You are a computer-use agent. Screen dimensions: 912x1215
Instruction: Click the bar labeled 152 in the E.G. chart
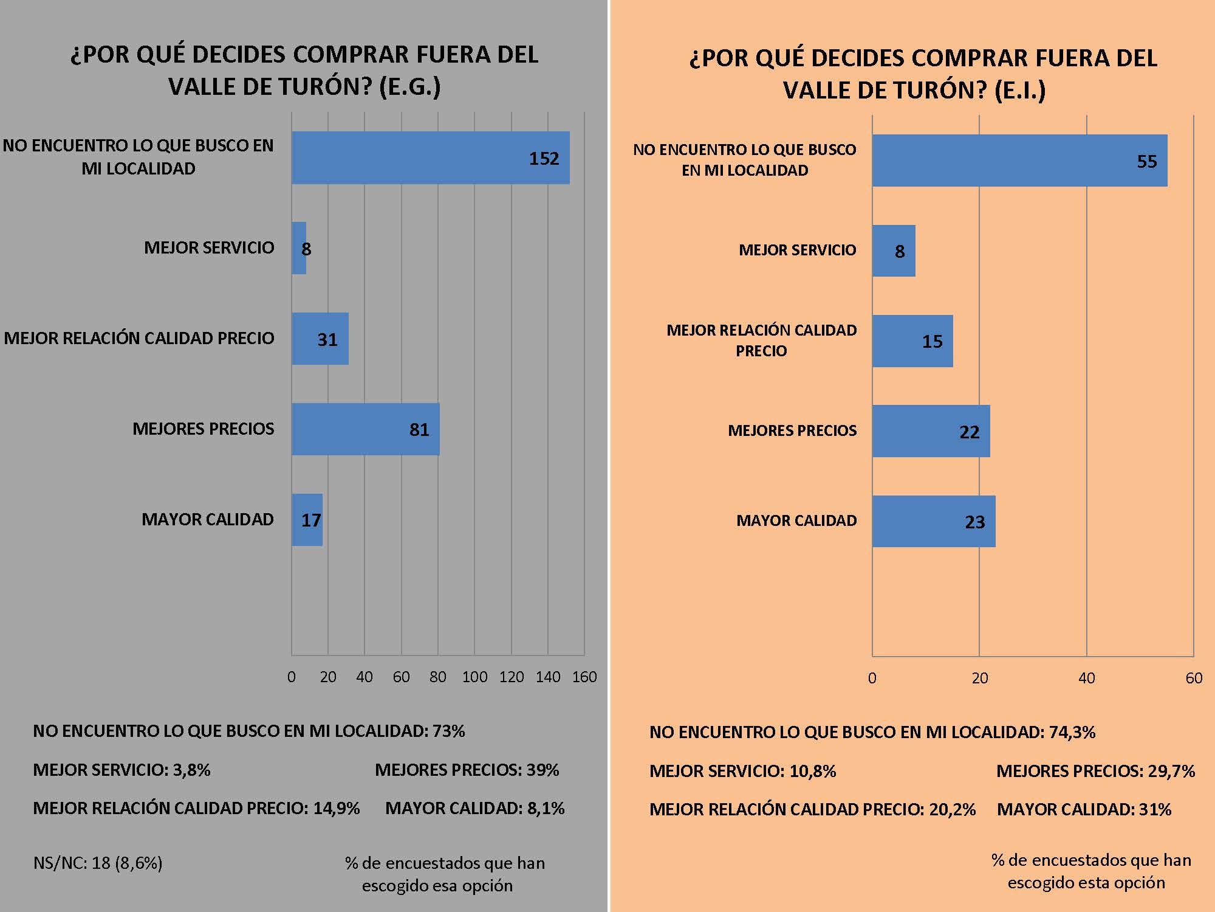tap(430, 158)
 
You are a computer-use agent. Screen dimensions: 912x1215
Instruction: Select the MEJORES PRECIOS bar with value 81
tap(365, 429)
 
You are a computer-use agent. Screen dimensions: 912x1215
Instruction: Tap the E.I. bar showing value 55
tap(1019, 161)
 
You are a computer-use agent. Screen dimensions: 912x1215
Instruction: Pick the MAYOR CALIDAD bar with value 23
tap(934, 522)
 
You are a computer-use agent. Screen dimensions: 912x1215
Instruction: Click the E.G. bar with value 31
tap(320, 339)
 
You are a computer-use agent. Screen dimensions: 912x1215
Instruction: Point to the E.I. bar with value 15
tap(912, 341)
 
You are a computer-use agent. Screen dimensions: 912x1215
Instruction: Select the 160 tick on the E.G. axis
tap(584, 677)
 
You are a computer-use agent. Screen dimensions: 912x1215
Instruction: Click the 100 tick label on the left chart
tap(474, 677)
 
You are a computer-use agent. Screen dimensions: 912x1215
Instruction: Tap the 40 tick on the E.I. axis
tap(1087, 679)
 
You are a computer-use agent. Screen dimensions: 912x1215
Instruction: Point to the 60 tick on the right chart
tap(1194, 679)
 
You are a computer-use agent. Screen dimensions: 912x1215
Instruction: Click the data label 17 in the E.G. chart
tap(311, 520)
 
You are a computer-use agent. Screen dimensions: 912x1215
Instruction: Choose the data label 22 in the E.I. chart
tap(970, 432)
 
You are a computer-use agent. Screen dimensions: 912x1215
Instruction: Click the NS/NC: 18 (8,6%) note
tap(98, 863)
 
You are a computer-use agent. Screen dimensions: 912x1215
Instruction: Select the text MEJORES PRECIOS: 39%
tap(467, 770)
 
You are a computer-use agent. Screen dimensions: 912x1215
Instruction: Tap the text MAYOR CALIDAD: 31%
tap(1084, 810)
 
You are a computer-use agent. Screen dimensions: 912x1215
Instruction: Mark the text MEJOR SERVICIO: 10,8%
tap(742, 772)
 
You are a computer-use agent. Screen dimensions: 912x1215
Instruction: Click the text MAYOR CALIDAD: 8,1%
tap(474, 809)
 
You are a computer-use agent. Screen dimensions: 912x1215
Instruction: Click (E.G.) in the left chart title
tap(410, 87)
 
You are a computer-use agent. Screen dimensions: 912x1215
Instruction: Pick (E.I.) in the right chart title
tap(1021, 91)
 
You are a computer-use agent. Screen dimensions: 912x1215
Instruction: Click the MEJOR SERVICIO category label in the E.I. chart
tap(797, 250)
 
